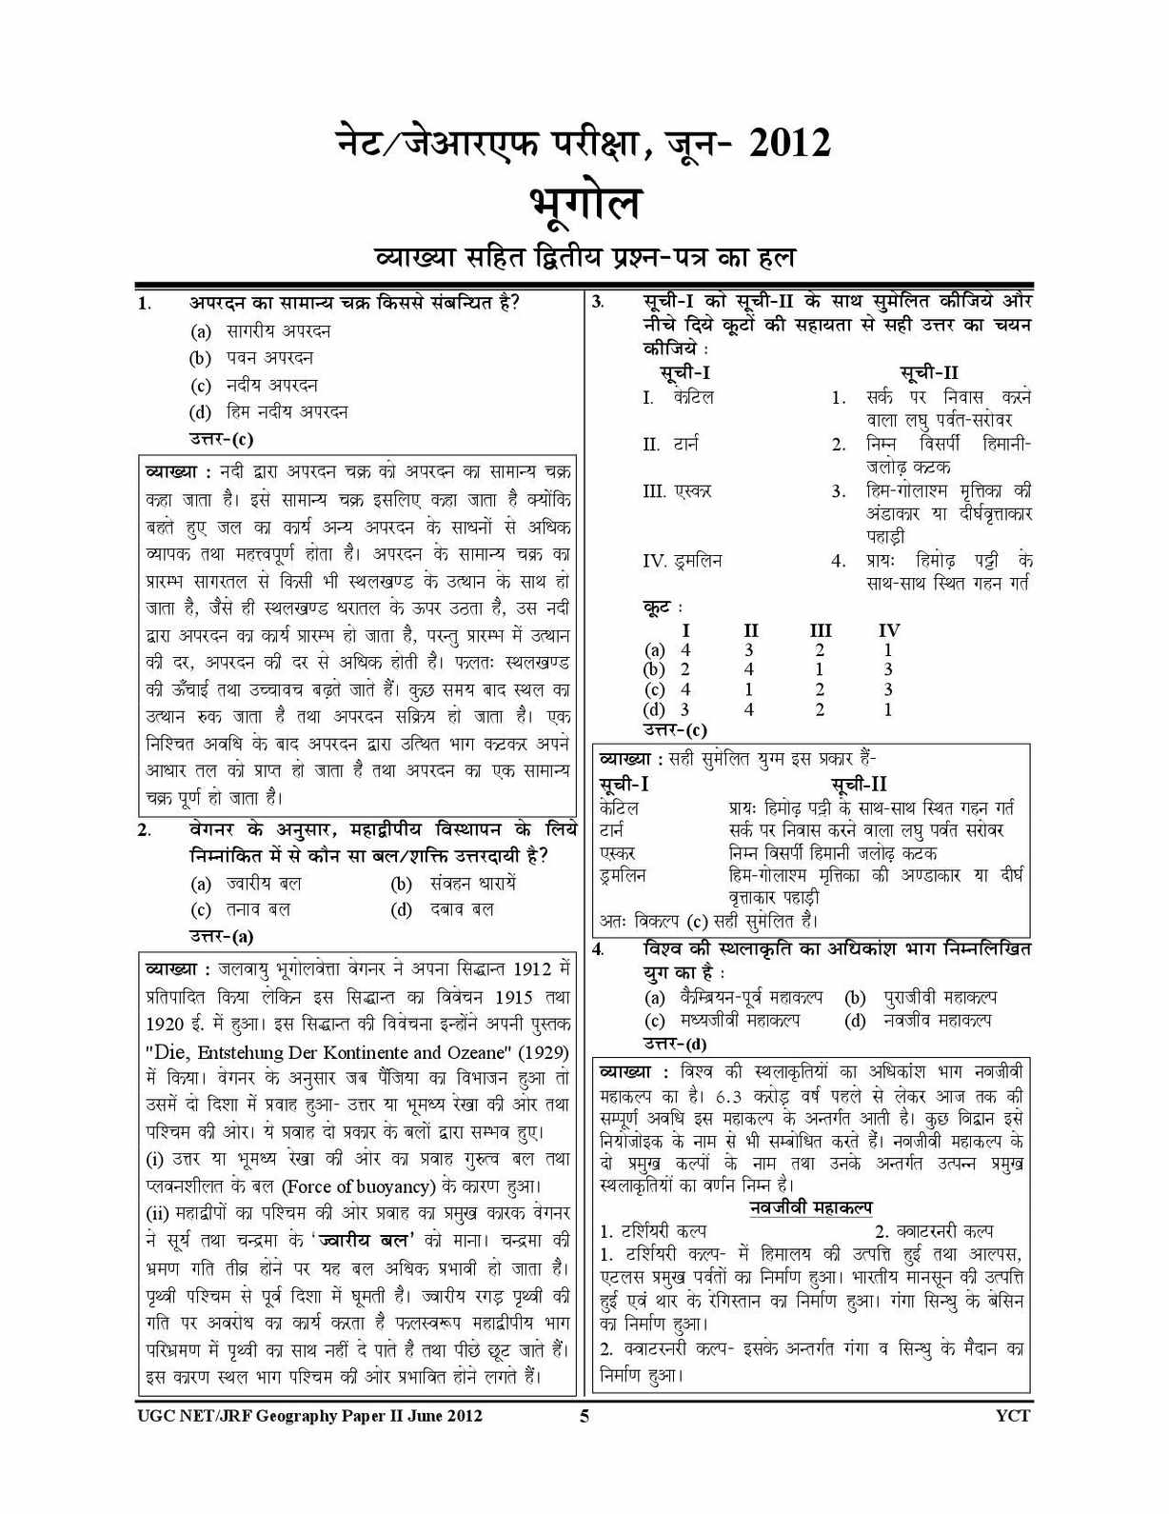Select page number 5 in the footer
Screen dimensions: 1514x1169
pos(584,1416)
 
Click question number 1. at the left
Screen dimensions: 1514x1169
pos(145,304)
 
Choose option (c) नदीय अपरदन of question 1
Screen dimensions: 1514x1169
pos(255,386)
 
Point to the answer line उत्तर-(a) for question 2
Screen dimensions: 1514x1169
pos(221,936)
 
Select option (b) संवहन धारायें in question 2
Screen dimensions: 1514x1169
pos(453,884)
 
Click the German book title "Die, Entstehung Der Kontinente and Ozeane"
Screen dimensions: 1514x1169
pos(357,1052)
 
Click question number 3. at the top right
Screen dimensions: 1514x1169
pos(598,303)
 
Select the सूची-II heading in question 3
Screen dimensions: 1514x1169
pos(929,372)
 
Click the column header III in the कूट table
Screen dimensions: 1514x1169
pos(820,630)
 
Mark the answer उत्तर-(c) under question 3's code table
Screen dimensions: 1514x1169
pos(675,730)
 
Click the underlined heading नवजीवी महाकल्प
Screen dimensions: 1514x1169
pos(810,1207)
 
